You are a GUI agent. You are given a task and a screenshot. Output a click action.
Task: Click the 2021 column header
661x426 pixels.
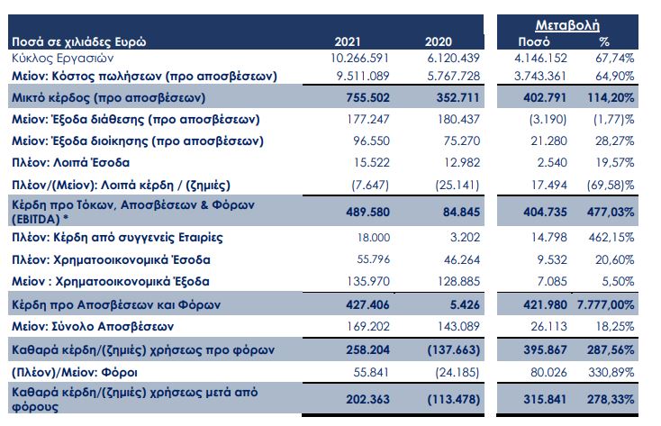(347, 41)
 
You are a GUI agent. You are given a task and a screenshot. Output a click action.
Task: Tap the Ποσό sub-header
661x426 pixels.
(534, 41)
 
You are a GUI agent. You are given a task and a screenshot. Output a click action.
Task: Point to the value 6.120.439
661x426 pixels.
(437, 57)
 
